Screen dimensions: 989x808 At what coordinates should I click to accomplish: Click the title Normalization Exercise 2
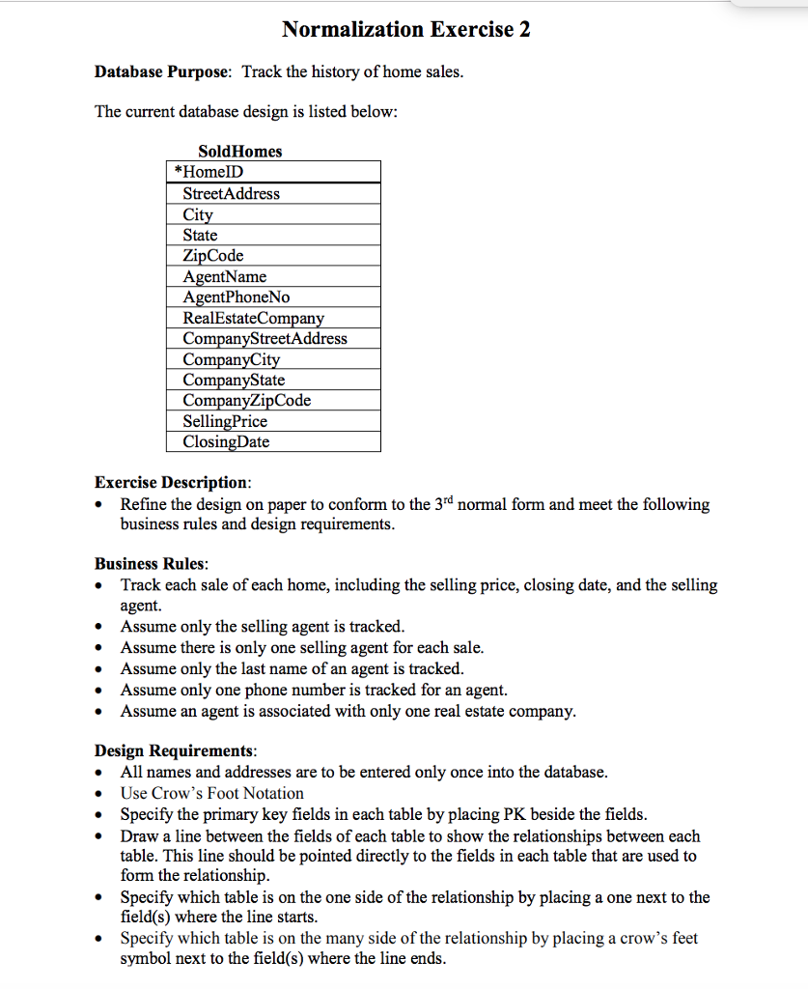tap(405, 29)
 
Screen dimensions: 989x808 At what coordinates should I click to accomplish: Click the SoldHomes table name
tap(239, 151)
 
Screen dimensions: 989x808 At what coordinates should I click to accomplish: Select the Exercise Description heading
tap(173, 482)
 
